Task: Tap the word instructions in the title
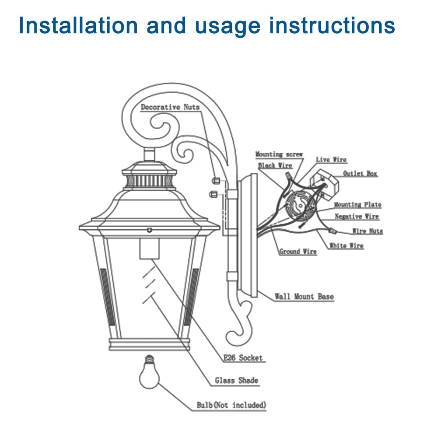[x=332, y=26]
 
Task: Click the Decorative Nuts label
[x=170, y=107]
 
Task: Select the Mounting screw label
[x=279, y=154]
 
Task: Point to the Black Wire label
[x=275, y=165]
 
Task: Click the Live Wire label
[x=331, y=160]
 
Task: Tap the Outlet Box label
[x=360, y=174]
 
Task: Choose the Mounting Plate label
[x=357, y=205]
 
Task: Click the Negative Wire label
[x=357, y=217]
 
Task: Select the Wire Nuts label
[x=367, y=231]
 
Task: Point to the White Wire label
[x=346, y=246]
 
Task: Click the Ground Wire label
[x=298, y=252]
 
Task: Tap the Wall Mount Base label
[x=304, y=297]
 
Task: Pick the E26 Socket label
[x=243, y=358]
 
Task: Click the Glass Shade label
[x=236, y=381]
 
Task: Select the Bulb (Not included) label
[x=231, y=406]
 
